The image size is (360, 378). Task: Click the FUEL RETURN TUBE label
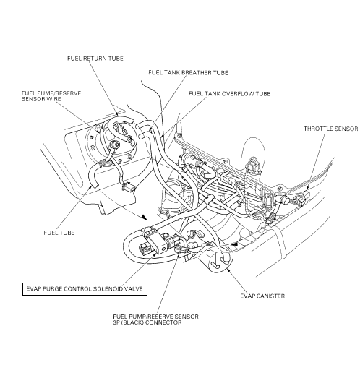coord(95,59)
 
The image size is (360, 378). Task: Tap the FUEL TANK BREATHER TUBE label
coord(188,73)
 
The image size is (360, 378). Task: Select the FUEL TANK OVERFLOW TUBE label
coord(230,94)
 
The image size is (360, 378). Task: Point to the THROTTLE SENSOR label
coord(331,129)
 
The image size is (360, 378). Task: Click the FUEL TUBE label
coord(59,233)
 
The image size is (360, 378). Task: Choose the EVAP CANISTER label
coord(262,296)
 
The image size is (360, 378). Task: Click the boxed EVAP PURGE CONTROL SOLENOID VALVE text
coord(85,289)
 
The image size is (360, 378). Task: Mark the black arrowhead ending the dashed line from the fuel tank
coord(145,218)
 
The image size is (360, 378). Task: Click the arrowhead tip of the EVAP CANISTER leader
coord(226,268)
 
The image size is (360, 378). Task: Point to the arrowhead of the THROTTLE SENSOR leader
coord(307,189)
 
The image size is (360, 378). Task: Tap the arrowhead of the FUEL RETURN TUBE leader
coord(117,114)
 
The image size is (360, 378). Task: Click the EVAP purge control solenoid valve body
coord(155,240)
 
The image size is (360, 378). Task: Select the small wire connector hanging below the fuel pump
coord(128,186)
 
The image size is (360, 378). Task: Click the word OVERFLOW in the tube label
coord(237,94)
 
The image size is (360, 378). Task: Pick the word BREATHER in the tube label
coord(197,73)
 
